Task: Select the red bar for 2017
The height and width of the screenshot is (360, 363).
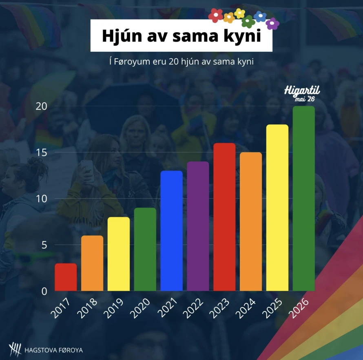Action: point(66,277)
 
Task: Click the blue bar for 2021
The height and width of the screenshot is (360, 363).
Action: point(172,231)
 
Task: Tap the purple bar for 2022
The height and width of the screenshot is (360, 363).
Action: point(198,226)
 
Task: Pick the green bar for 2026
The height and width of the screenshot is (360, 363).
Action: point(304,198)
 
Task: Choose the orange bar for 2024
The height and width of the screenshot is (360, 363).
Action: point(251,221)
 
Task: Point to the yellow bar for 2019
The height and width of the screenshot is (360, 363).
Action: point(119,254)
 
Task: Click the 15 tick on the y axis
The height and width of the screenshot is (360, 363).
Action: point(42,152)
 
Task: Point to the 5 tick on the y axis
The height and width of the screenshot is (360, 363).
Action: point(44,245)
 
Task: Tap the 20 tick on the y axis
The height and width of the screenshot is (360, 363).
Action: point(42,106)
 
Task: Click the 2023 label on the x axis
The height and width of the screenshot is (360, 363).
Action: point(219,308)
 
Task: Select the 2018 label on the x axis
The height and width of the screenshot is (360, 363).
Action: point(87,308)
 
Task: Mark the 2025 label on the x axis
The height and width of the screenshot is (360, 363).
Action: point(272,308)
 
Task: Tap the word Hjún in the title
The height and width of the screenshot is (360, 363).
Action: point(122,36)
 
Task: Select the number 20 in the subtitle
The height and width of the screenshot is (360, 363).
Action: point(174,62)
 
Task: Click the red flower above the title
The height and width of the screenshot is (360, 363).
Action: point(215,15)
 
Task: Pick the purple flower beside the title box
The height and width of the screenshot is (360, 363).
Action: point(272,23)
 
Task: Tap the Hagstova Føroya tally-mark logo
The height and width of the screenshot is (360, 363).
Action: point(15,349)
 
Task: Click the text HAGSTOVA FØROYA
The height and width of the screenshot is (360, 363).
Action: point(54,350)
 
